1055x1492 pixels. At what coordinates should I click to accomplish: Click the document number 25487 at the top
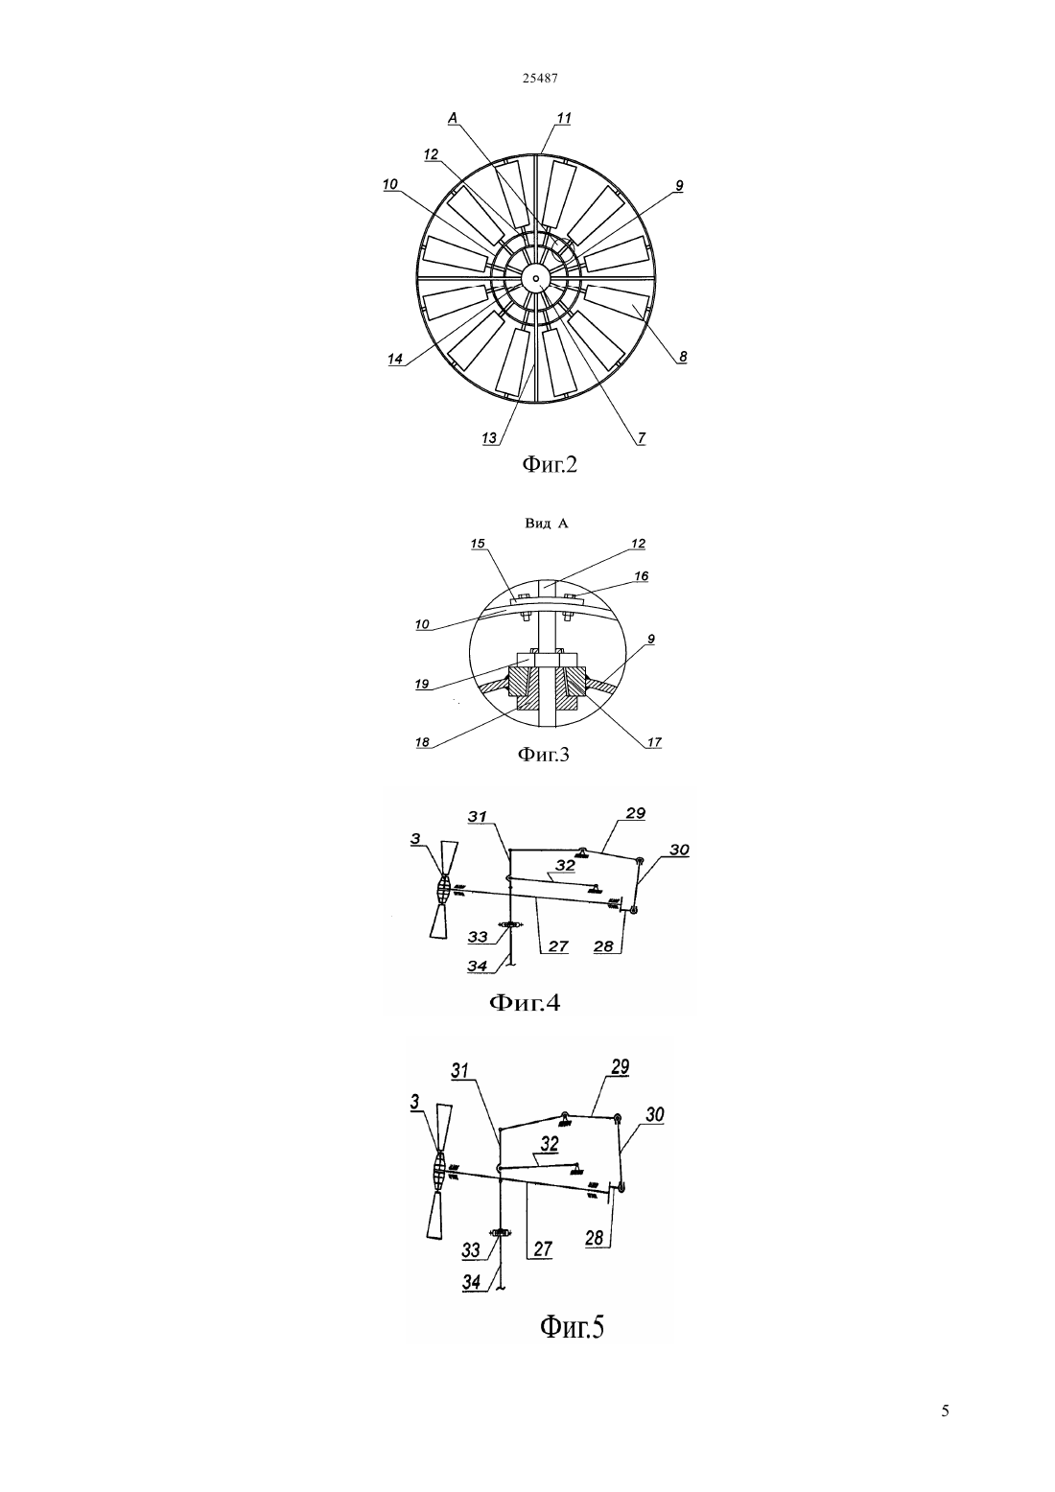pos(539,78)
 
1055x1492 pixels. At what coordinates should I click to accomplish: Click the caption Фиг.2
pos(549,463)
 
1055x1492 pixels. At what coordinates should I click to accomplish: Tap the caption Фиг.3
pos(544,754)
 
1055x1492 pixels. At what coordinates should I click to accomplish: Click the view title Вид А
pos(546,524)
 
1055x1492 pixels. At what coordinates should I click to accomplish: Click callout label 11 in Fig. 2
pos(564,118)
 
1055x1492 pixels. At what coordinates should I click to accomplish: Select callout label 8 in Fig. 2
pos(683,357)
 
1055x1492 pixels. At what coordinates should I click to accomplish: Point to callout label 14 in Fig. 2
pos(395,359)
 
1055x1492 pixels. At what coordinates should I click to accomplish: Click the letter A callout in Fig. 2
pos(453,118)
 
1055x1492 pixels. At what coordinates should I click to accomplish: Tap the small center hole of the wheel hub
pos(536,275)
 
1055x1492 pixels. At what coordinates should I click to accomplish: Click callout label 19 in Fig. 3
pos(422,684)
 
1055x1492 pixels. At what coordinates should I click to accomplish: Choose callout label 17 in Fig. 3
pos(654,742)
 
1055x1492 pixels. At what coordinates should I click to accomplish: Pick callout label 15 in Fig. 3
pos(478,544)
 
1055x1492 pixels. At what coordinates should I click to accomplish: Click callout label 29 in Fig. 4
pos(636,813)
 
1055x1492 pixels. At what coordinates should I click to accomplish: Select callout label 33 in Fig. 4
pos(478,937)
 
